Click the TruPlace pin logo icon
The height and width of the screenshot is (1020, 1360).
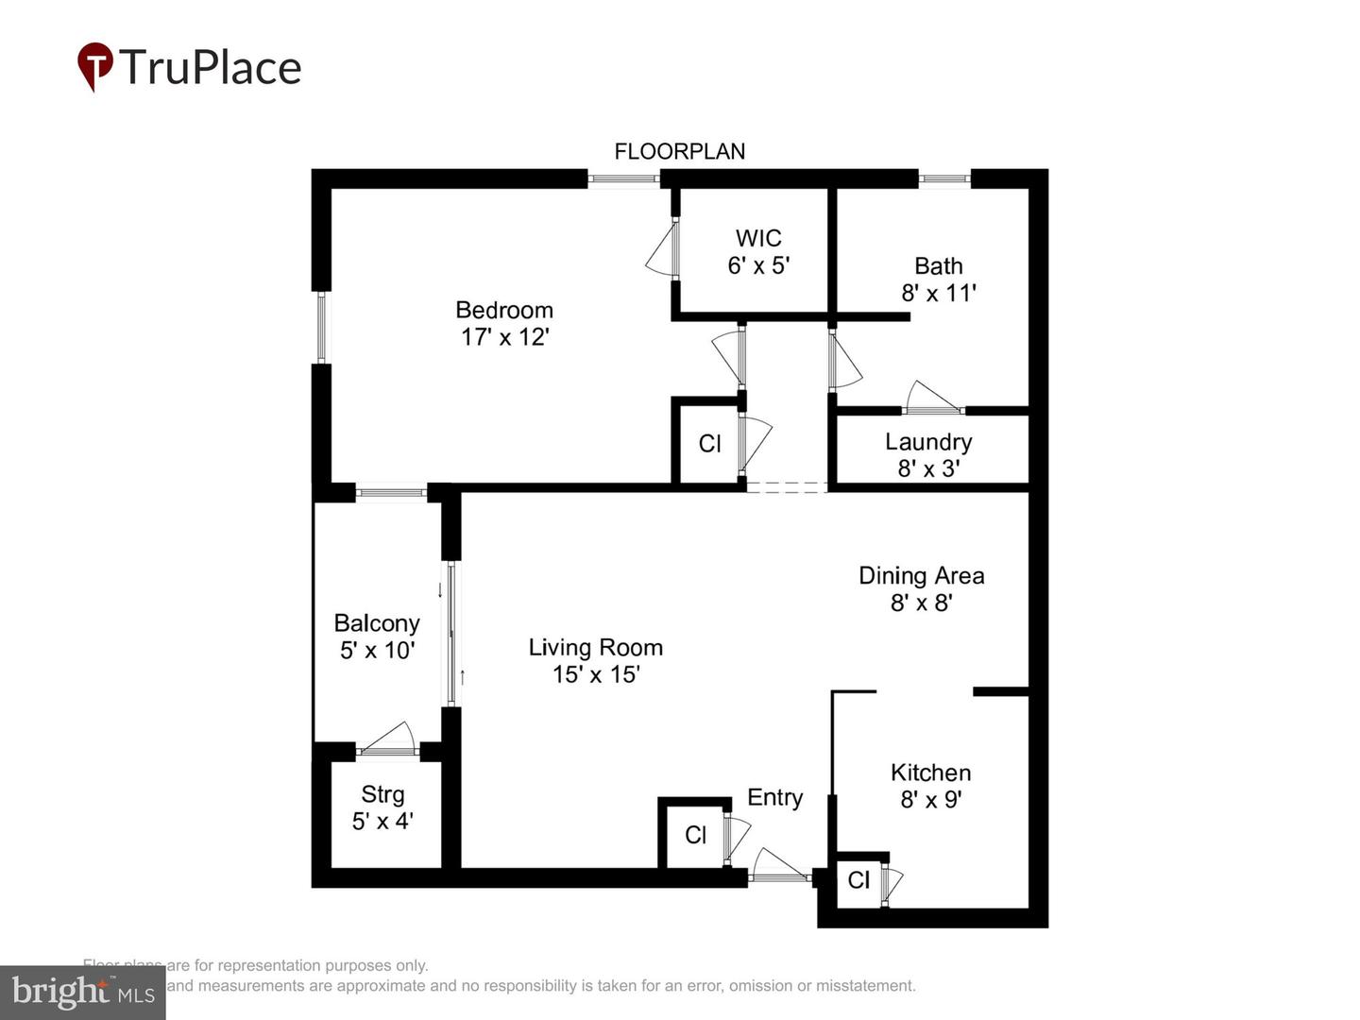[95, 66]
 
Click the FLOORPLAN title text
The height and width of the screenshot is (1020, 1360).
[679, 151]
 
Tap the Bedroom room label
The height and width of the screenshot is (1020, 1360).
[504, 310]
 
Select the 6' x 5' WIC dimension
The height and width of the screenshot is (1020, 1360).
[758, 265]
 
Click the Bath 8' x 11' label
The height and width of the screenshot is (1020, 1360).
[938, 280]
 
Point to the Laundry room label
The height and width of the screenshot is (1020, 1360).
[928, 442]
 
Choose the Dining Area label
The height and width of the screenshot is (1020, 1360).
[921, 575]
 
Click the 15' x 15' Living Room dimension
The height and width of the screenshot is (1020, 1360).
[596, 673]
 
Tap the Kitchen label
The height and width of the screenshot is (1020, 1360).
[930, 773]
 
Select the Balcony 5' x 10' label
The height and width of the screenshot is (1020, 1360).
[377, 637]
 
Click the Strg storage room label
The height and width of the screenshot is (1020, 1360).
[382, 794]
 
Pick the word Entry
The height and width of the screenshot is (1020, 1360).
[774, 797]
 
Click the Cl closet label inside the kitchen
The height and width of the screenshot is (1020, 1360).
[858, 880]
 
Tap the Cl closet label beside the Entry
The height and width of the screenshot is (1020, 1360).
[696, 835]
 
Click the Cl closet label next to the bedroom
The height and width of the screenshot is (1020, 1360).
[709, 443]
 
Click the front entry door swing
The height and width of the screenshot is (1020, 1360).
[779, 865]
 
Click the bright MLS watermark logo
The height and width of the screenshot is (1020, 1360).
[83, 992]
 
